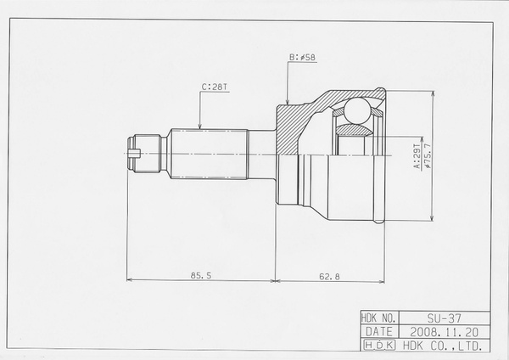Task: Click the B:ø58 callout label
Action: pyautogui.click(x=302, y=57)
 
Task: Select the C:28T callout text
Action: pyautogui.click(x=215, y=87)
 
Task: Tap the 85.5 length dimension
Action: pyautogui.click(x=201, y=276)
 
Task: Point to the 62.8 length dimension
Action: pyautogui.click(x=329, y=277)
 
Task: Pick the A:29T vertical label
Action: pyautogui.click(x=417, y=156)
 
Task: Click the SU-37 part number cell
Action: pyautogui.click(x=444, y=318)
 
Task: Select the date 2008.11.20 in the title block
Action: pyautogui.click(x=444, y=332)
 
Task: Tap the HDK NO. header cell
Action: pyautogui.click(x=380, y=318)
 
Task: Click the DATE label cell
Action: pyautogui.click(x=379, y=332)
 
